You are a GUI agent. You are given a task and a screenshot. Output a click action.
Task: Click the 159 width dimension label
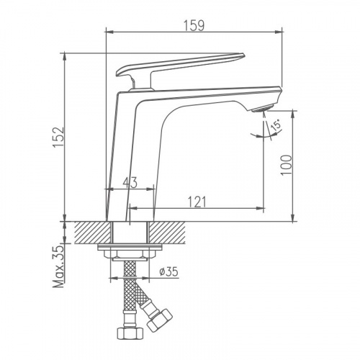click(x=194, y=26)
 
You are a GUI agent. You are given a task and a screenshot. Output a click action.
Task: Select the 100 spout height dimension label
click(x=286, y=165)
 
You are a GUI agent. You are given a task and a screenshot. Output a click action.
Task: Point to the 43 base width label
click(x=130, y=183)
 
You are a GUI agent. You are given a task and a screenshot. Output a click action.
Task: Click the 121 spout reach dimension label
click(x=197, y=202)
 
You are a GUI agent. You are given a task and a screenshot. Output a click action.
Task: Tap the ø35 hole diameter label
click(x=168, y=271)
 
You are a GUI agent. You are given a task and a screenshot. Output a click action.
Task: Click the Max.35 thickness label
click(x=59, y=266)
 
